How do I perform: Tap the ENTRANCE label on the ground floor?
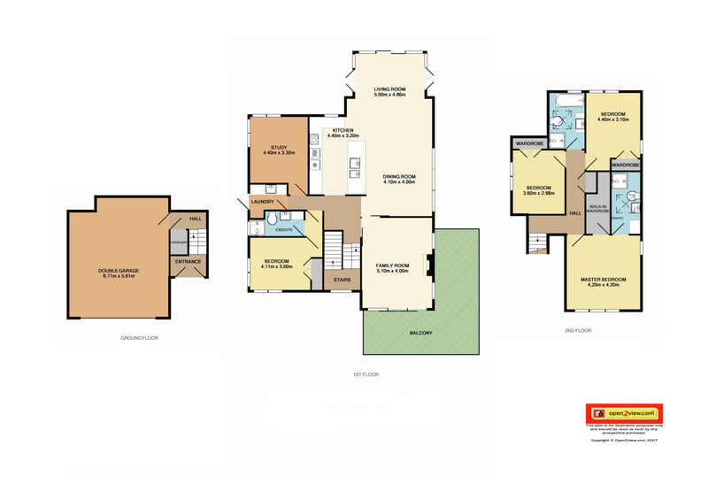188,261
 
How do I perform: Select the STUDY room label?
278,147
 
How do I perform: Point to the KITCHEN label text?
342,130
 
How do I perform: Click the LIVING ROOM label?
389,89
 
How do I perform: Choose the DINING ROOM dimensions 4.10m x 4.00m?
399,182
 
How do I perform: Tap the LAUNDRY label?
262,202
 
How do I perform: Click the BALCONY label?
420,334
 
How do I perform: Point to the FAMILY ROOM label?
392,265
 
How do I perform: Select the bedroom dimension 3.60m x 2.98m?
539,193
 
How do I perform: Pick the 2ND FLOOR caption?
578,330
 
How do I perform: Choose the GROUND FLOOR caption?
140,338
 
